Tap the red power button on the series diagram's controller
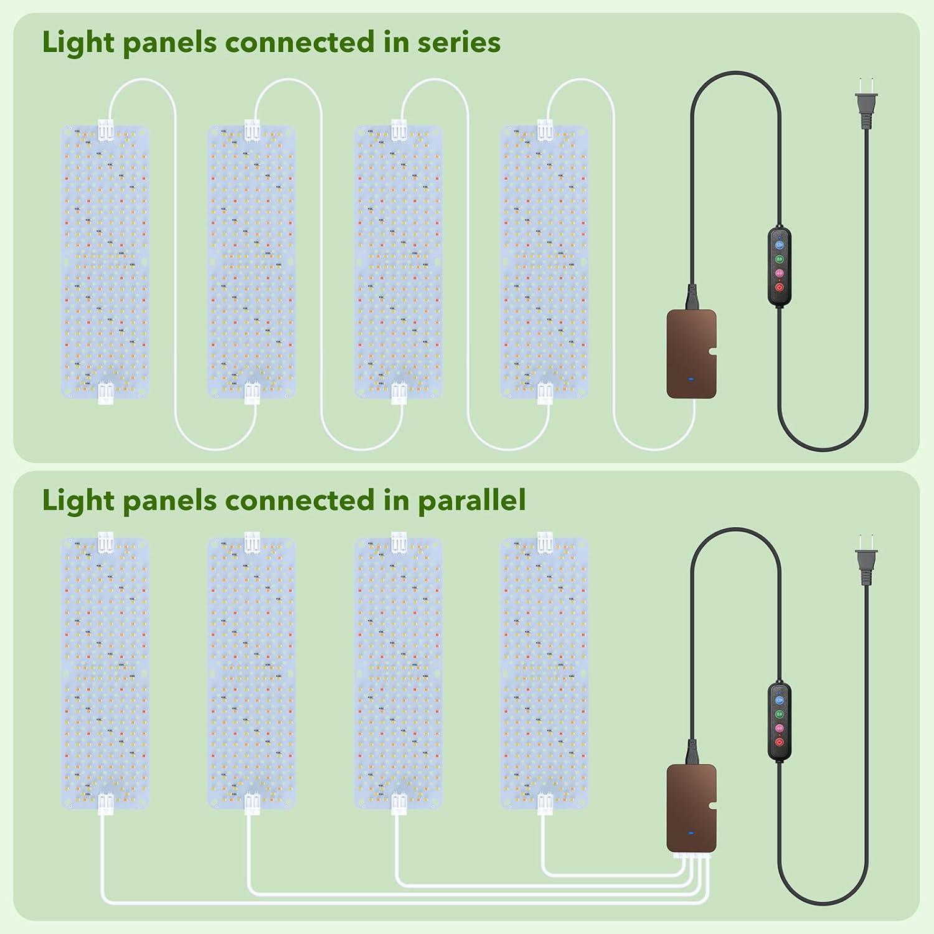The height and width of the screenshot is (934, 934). click(x=779, y=287)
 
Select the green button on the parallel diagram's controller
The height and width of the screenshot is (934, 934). click(x=779, y=714)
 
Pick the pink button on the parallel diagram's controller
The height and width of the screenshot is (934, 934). click(x=779, y=728)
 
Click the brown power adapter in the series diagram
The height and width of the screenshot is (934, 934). click(x=691, y=354)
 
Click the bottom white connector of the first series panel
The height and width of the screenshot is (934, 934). click(x=105, y=394)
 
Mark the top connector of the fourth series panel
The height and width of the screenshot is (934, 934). click(x=545, y=130)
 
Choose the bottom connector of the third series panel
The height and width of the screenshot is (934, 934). click(x=399, y=394)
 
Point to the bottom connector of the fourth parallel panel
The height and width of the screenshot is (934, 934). click(x=545, y=804)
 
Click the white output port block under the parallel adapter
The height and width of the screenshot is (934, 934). click(x=691, y=857)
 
